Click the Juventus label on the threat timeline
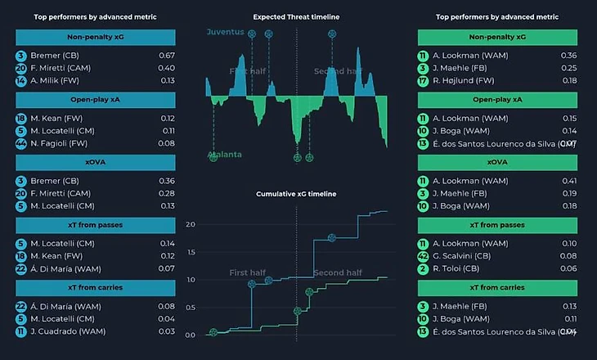225,32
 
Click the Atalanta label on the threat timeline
225,155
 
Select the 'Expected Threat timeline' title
296,16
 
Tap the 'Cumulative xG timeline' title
296,194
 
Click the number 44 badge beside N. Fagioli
20,143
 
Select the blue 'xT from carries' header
96,287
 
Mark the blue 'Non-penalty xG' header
96,37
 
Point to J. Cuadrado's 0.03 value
166,331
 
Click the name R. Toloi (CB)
460,268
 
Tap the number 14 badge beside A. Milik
20,80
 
